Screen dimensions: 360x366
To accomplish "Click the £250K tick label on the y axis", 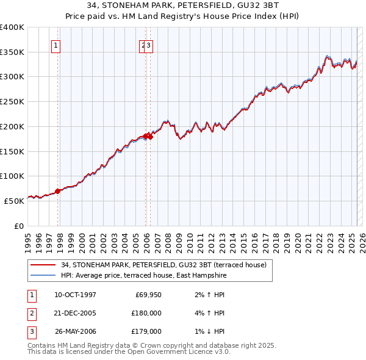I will (x=12, y=102).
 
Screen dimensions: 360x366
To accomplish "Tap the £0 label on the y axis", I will (x=18, y=226).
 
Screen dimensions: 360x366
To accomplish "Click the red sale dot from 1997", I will (x=58, y=191).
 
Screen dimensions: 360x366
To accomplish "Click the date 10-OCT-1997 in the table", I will (x=75, y=295).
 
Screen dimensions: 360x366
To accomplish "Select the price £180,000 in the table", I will (x=146, y=313).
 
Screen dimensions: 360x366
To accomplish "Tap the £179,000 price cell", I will (x=146, y=331).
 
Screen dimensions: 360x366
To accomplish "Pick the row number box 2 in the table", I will (x=31, y=314).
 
